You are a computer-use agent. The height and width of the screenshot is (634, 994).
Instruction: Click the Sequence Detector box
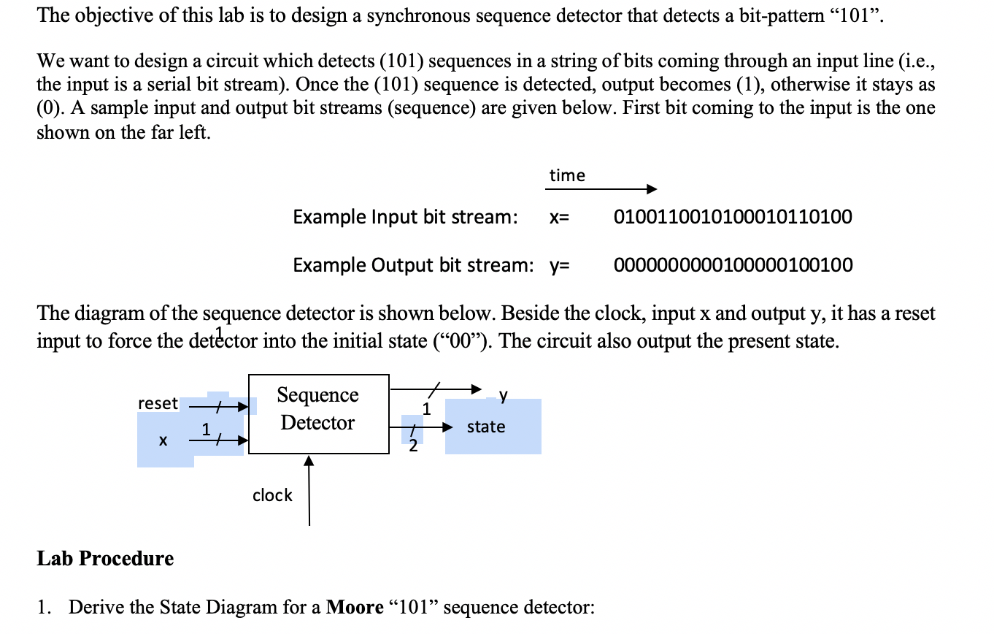[318, 413]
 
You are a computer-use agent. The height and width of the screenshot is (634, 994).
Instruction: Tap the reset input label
[158, 403]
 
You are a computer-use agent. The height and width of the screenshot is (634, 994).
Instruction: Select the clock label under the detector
[272, 495]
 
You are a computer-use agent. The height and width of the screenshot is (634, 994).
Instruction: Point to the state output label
[486, 427]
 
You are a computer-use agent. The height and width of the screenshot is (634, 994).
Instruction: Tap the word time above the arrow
[567, 175]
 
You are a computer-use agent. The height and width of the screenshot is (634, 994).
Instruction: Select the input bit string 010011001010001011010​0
[733, 217]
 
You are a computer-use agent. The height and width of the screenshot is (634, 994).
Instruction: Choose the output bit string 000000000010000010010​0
[733, 264]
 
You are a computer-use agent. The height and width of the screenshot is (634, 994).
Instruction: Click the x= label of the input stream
[559, 218]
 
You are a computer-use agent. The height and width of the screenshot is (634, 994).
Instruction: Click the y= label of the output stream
[559, 265]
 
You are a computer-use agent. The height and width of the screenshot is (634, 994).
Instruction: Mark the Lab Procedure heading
[105, 559]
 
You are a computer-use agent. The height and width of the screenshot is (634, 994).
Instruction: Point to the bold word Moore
[355, 608]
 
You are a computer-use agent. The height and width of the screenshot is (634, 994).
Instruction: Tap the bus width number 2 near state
[413, 447]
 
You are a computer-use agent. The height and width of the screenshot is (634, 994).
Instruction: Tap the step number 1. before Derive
[45, 608]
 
